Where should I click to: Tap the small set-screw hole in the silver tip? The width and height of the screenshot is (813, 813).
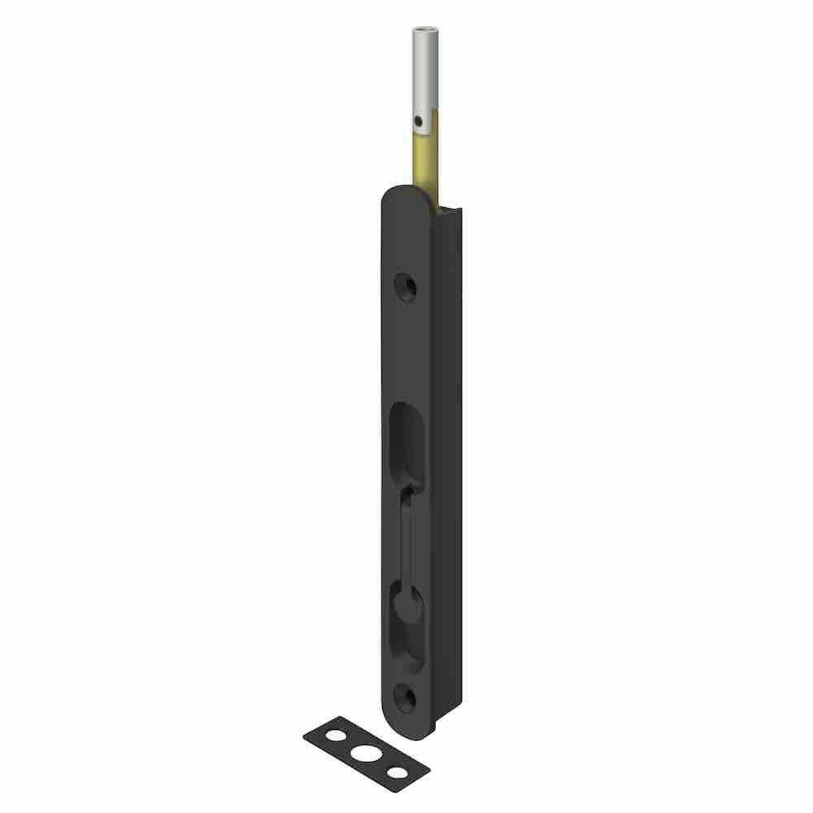(418, 121)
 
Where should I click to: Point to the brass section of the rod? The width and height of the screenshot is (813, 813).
(423, 163)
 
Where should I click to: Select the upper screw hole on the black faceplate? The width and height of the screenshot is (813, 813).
(405, 287)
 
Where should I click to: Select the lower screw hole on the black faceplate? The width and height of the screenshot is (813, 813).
(405, 698)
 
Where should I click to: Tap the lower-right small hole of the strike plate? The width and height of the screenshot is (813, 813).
(396, 772)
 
